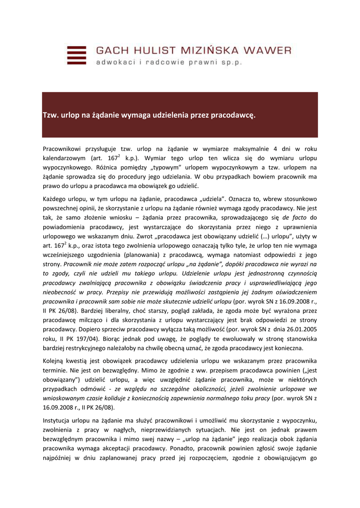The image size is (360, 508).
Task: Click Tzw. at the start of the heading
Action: [50, 115]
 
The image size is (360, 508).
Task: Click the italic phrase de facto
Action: [292, 218]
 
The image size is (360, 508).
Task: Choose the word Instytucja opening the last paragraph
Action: [59, 421]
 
